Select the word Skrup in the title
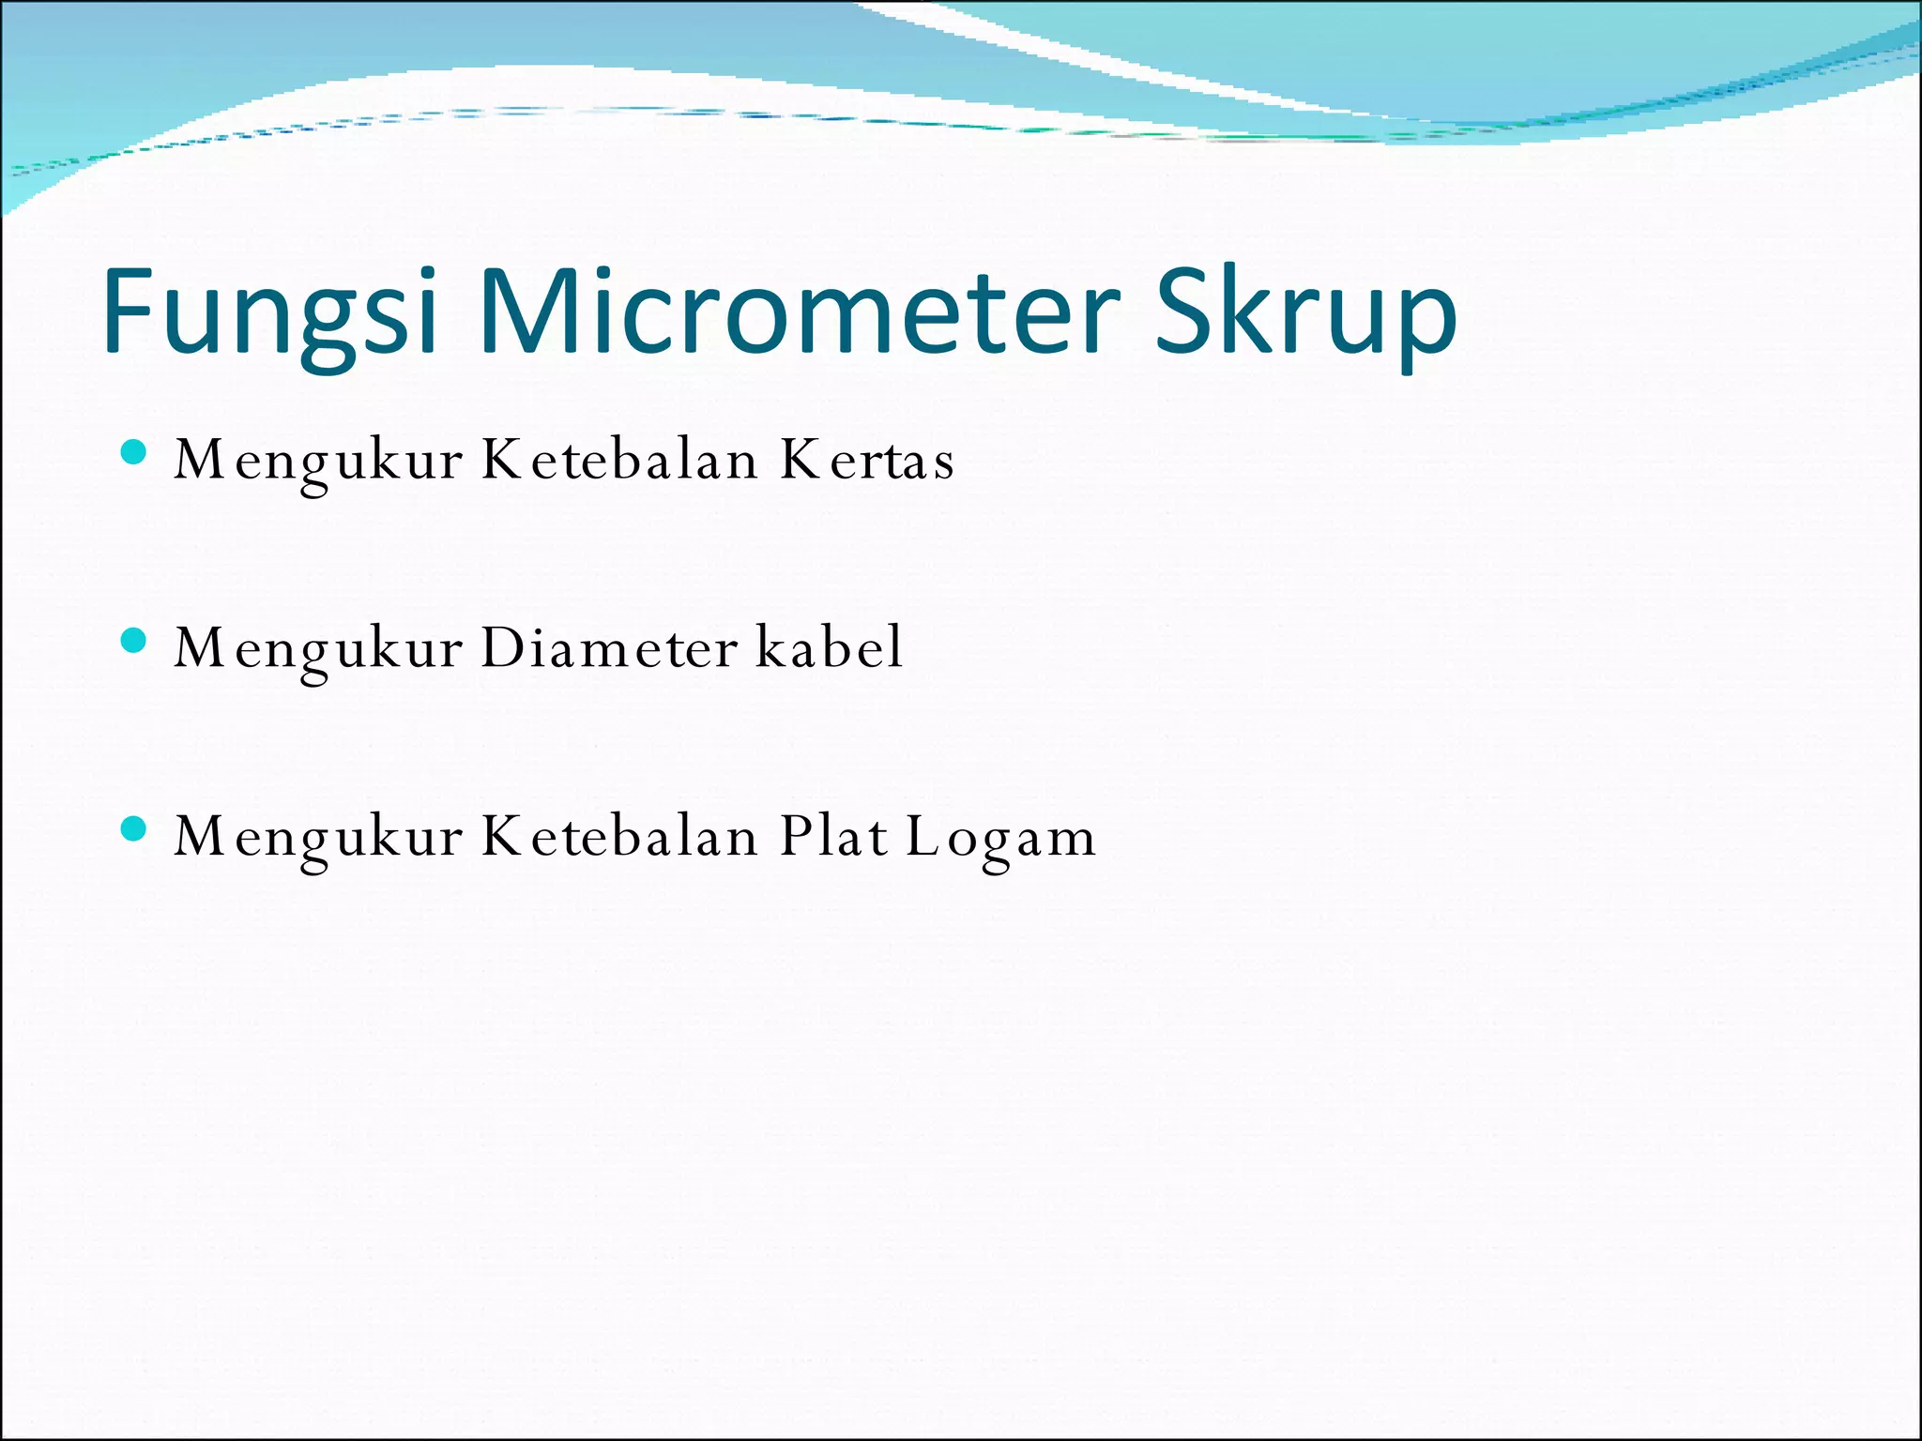pos(1305,314)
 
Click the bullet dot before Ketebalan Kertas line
pos(134,453)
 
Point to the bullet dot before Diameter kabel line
pos(134,641)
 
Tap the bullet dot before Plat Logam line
pos(134,829)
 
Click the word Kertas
pos(867,461)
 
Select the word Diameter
pos(609,648)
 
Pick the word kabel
pos(830,648)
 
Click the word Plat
pos(833,836)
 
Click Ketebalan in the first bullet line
pos(619,461)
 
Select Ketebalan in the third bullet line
pos(619,836)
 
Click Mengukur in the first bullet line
pos(318,463)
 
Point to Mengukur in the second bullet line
pos(318,650)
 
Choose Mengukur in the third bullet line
pos(318,838)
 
